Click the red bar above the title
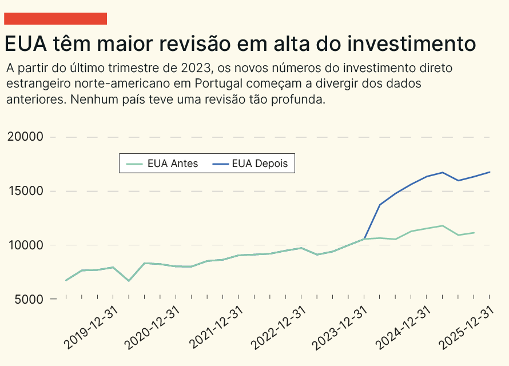click(x=55, y=18)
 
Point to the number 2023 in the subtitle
click(x=196, y=68)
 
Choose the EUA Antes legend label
click(x=172, y=164)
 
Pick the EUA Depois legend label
click(x=264, y=164)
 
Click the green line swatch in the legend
click(x=134, y=164)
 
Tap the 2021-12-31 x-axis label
click(x=216, y=327)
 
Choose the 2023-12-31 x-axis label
click(x=341, y=327)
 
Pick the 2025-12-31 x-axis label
click(x=466, y=327)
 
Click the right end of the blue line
click(x=490, y=172)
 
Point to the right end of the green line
click(x=474, y=233)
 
